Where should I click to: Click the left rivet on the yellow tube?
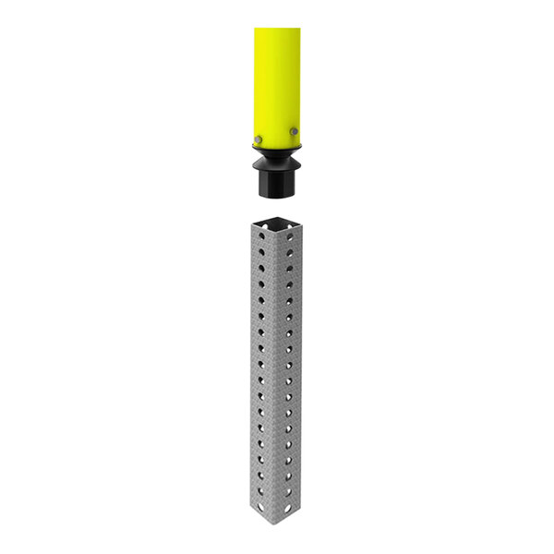click(x=259, y=139)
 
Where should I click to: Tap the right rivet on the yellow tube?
click(x=294, y=133)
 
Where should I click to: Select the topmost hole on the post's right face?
click(x=290, y=238)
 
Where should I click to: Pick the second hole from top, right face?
click(x=290, y=254)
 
